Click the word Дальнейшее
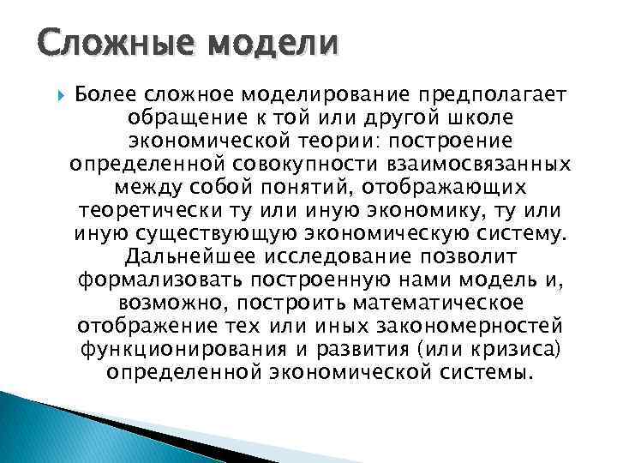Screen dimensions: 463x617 (195, 256)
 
